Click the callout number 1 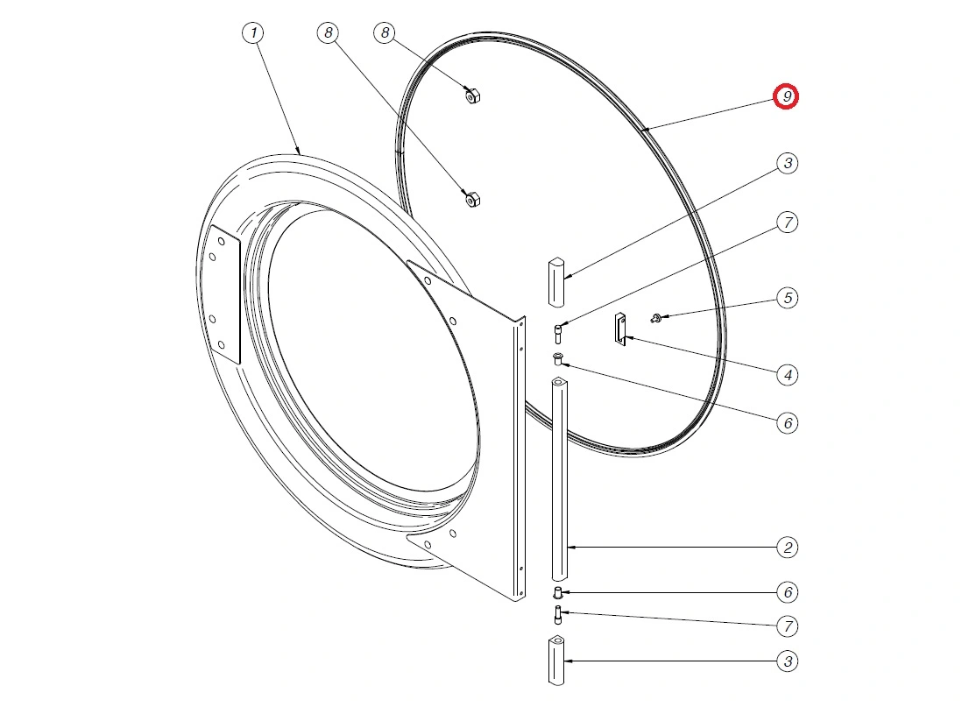pos(253,32)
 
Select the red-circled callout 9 pos(786,96)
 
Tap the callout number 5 pos(788,298)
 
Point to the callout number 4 pos(788,374)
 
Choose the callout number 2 pos(788,548)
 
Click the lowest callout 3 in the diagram pos(788,661)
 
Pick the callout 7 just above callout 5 pos(788,223)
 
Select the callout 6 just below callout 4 pos(788,423)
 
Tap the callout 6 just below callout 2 pos(788,592)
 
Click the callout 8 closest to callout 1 pos(329,32)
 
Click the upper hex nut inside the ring pos(472,95)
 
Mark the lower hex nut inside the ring pos(472,200)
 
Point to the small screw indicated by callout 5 pos(656,318)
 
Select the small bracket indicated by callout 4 pos(620,329)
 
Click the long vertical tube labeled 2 pos(558,478)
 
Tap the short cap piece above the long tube pos(555,282)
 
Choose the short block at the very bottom pos(555,661)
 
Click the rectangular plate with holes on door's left pos(224,294)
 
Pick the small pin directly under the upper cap pos(558,335)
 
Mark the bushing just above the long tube pos(558,358)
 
